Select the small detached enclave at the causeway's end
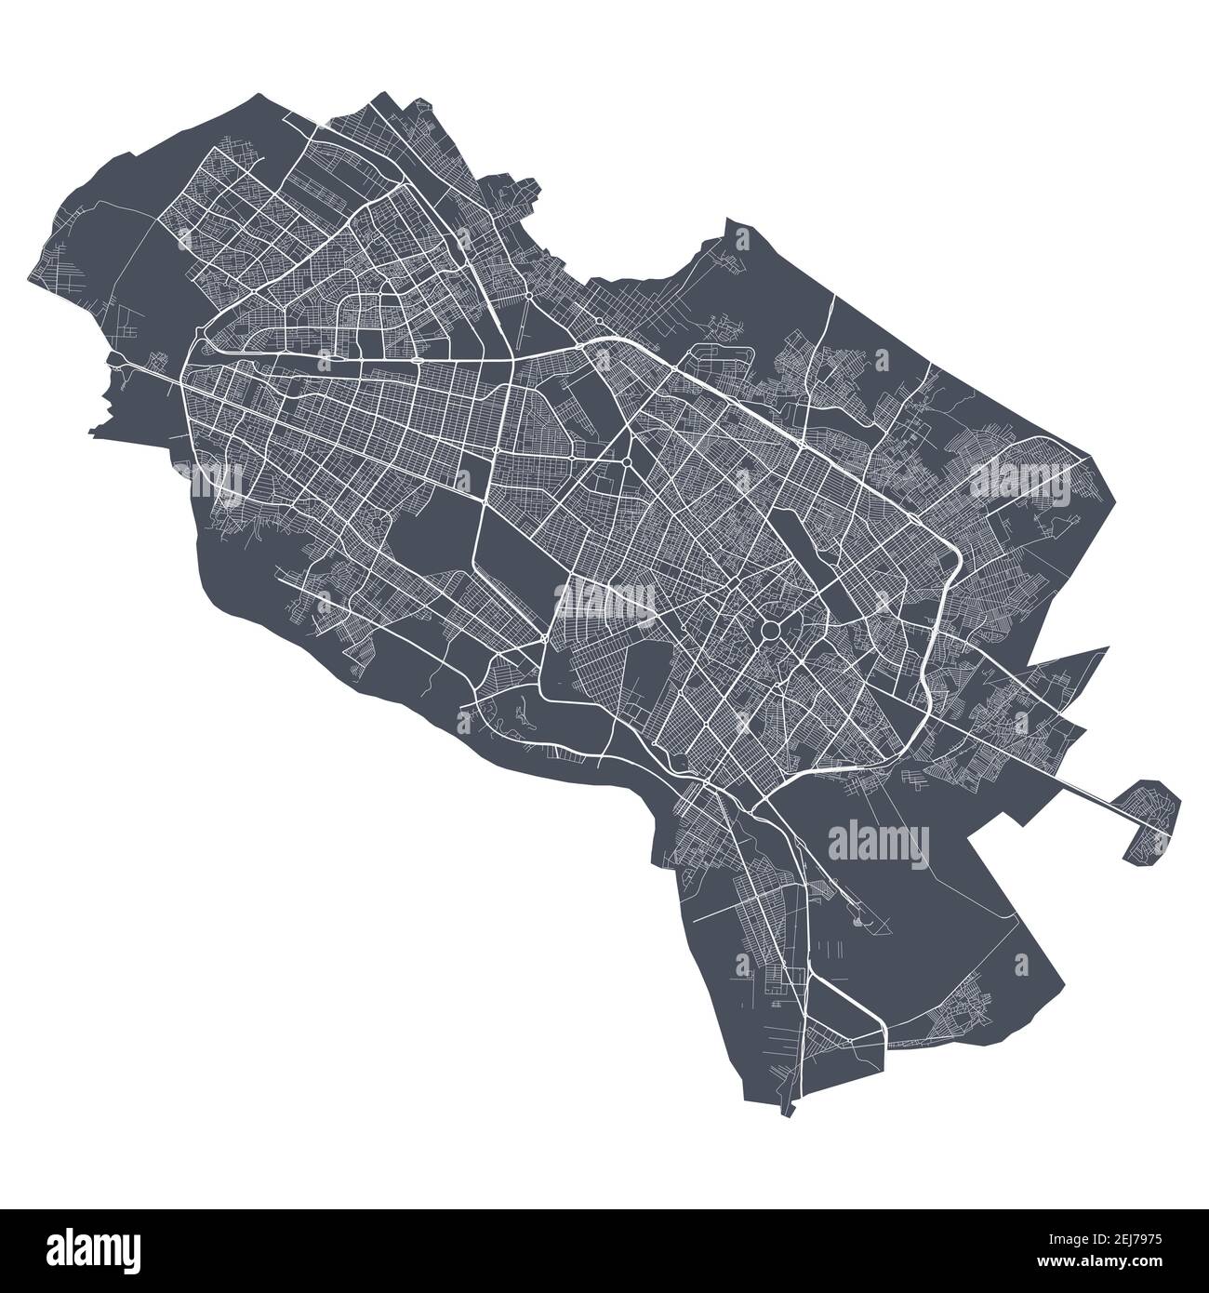[x=1149, y=819]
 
